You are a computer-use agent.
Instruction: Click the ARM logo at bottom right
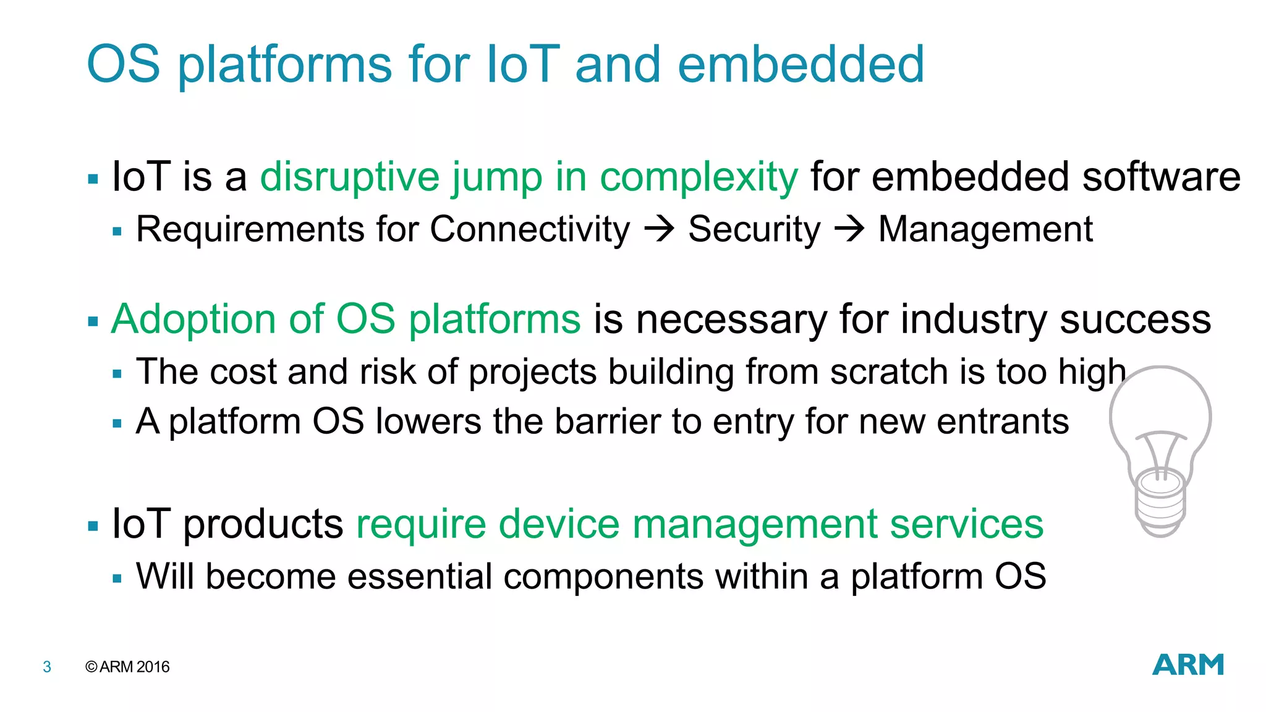click(x=1187, y=665)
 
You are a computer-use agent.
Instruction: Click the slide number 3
click(x=47, y=667)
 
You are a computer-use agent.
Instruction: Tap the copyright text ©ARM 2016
click(x=127, y=667)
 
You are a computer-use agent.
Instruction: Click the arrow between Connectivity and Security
click(x=659, y=229)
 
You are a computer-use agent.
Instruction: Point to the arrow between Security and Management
click(x=849, y=229)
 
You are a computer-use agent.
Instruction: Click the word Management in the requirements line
click(x=985, y=230)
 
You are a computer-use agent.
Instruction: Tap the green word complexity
click(x=699, y=177)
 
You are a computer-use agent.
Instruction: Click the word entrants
click(x=1003, y=422)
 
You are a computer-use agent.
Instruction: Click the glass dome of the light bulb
click(x=1160, y=408)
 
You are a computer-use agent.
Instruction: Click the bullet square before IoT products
click(x=93, y=527)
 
